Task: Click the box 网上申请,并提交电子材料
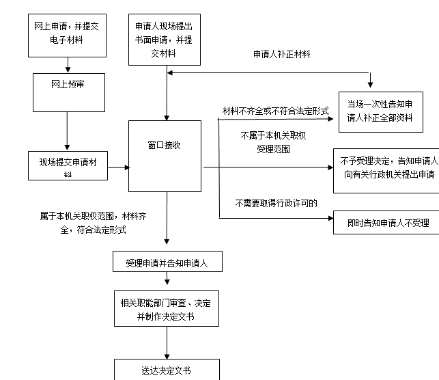(x=68, y=33)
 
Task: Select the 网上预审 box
(x=68, y=91)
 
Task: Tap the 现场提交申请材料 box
(x=67, y=166)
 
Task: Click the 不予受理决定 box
(x=386, y=167)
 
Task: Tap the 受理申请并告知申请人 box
(x=167, y=262)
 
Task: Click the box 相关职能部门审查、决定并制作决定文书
(x=165, y=309)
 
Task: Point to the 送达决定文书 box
(x=166, y=370)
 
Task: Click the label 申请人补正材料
(x=281, y=54)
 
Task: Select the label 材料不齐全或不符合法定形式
(x=275, y=110)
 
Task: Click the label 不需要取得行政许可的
(x=276, y=203)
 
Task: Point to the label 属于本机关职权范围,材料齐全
(x=83, y=223)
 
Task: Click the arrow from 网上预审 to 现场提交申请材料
(x=67, y=131)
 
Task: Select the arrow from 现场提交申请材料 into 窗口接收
(x=117, y=167)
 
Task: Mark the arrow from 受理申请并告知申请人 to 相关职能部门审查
(x=166, y=282)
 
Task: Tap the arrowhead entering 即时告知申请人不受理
(x=329, y=219)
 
